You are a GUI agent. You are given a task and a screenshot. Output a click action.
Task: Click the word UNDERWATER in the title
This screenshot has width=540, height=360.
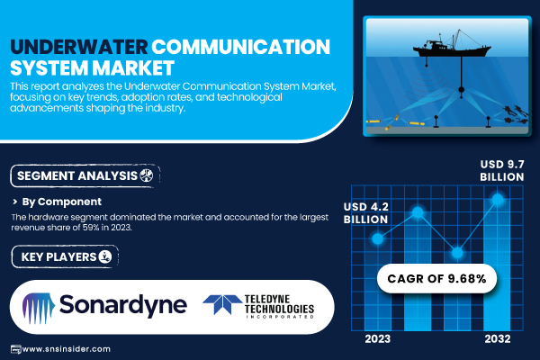[79, 47]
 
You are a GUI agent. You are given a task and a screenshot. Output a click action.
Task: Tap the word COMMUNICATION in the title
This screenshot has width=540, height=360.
[240, 47]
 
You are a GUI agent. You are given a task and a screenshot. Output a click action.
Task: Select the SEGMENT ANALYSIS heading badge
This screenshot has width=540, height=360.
[85, 175]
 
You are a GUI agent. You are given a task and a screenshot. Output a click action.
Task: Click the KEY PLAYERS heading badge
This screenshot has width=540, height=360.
[65, 256]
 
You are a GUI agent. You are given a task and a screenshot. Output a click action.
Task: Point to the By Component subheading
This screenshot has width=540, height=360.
[61, 202]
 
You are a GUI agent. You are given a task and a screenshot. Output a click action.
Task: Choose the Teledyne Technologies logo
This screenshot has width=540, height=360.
[258, 306]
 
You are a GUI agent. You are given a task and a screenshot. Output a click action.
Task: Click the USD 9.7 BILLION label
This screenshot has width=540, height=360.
[502, 170]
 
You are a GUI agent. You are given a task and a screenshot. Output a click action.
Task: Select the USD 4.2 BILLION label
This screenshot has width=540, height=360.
[365, 213]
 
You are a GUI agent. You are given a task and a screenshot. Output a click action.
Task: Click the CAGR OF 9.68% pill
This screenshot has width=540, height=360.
[436, 278]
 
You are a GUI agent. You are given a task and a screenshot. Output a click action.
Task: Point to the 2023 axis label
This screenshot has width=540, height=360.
[378, 339]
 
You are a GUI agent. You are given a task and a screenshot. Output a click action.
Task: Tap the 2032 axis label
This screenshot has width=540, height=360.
[498, 339]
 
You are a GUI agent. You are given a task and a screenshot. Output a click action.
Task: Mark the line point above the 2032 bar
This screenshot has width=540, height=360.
[498, 199]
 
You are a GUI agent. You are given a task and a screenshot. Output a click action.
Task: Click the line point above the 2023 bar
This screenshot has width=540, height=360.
[378, 238]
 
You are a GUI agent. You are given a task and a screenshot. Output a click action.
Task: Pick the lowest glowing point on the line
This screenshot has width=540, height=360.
[457, 253]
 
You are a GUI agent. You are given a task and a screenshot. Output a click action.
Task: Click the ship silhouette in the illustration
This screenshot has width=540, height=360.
[451, 48]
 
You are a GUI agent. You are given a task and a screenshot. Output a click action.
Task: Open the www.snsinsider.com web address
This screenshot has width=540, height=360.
[66, 349]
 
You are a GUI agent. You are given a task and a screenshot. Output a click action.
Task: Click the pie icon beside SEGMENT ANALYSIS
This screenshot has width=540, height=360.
[147, 175]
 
